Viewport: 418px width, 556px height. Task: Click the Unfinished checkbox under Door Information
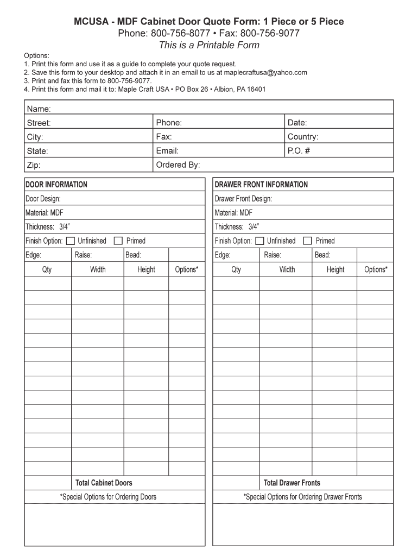pos(70,241)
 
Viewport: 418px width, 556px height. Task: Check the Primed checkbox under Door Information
pos(118,241)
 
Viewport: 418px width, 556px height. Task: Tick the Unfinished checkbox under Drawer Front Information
pos(259,241)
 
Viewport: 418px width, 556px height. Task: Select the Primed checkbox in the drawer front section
pos(307,241)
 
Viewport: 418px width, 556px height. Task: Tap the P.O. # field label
pos(299,151)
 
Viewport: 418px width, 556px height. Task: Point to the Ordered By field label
pos(178,165)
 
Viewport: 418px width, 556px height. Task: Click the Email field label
pos(167,151)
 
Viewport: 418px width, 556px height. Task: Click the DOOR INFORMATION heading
pos(56,185)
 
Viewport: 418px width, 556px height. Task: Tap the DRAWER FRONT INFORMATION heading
pos(261,185)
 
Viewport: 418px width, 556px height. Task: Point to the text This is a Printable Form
pos(209,45)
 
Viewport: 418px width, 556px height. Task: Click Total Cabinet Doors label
pos(103,483)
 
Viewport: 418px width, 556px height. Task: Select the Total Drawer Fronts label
pos(292,483)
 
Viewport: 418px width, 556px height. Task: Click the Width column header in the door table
pos(98,269)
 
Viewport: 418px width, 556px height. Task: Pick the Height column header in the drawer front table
pos(335,269)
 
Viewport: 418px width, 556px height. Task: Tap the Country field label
pos(303,137)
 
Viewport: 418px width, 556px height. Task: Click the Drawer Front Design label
pos(243,199)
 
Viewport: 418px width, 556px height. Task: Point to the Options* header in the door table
pos(187,269)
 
